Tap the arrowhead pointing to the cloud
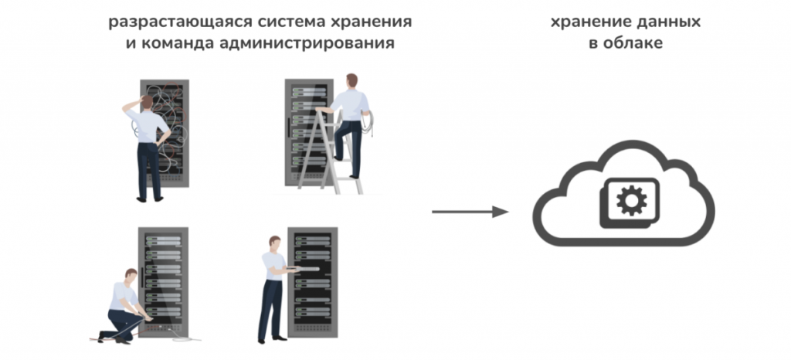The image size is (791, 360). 500,212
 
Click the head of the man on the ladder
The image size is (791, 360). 351,80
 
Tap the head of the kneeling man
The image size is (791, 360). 131,275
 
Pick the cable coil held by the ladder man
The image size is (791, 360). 367,123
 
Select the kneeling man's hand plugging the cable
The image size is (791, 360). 148,319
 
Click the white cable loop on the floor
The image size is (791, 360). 184,338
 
